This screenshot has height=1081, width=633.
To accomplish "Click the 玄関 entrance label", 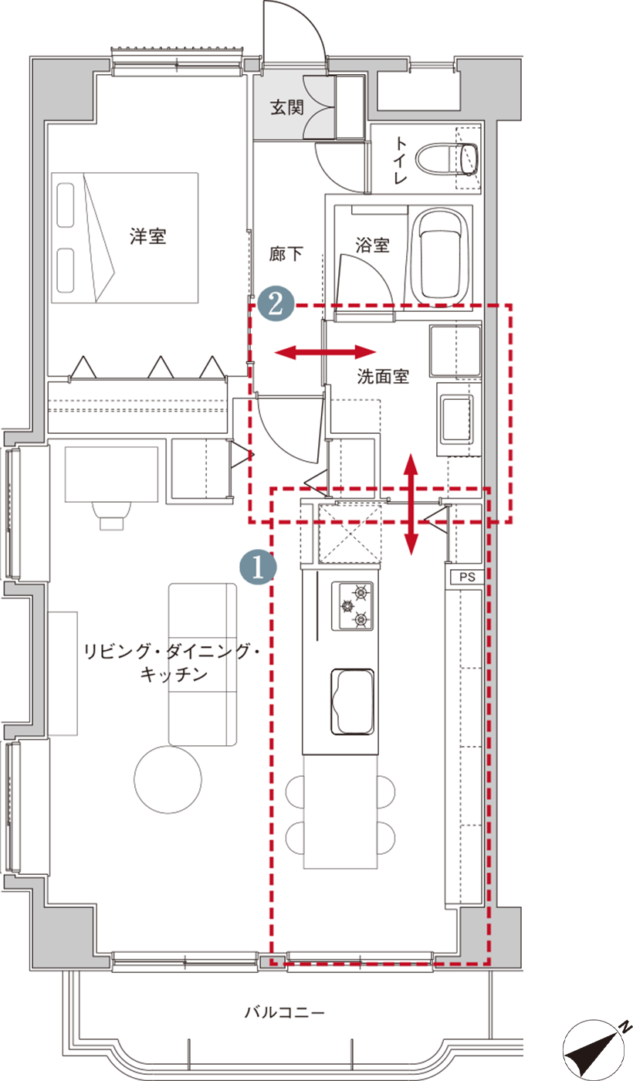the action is click(x=287, y=107).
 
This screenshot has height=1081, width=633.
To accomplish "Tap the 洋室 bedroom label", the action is click(x=147, y=236).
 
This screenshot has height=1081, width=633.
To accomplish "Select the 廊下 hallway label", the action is click(x=286, y=253).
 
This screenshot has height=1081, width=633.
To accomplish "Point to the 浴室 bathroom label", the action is click(x=372, y=246).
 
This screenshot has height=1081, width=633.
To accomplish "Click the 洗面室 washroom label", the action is click(x=383, y=377).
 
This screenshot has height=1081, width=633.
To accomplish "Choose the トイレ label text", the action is click(x=401, y=161).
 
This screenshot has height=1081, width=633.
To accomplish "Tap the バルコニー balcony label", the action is click(x=285, y=1012).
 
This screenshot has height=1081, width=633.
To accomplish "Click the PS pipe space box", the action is click(x=467, y=578).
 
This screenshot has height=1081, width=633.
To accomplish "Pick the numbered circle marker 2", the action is click(x=276, y=304).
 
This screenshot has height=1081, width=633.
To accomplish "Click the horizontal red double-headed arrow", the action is click(x=325, y=352).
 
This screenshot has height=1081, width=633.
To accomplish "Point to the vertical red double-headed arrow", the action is click(x=411, y=504).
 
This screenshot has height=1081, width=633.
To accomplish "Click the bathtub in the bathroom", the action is click(x=440, y=256).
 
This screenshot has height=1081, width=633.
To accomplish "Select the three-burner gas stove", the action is click(x=352, y=606).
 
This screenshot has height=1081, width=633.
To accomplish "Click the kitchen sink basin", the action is click(x=352, y=702).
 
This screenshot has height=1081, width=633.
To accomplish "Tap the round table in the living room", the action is click(x=168, y=779).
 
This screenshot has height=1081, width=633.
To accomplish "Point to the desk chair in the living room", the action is click(x=111, y=516).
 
